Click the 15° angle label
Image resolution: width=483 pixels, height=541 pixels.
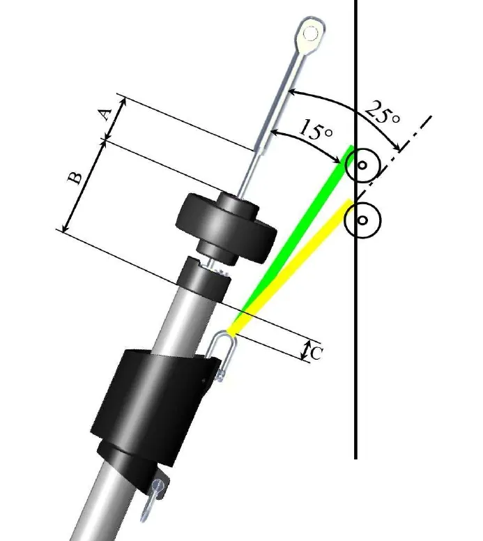coord(315,129)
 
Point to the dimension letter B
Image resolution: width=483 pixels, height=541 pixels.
coord(76,177)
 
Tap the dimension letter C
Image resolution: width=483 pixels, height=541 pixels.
coord(316,353)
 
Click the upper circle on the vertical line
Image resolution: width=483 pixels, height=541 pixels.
coord(362,166)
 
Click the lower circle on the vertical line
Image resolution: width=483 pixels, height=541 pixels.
coord(362,220)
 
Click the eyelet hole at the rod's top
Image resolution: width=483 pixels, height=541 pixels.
coord(309,32)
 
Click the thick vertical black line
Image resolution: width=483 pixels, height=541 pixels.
coord(356,349)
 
